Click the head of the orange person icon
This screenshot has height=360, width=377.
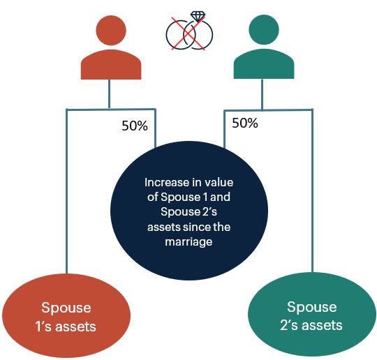[x=111, y=30]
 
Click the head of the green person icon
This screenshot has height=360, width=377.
[x=264, y=30]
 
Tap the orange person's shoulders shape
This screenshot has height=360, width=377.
[x=111, y=65]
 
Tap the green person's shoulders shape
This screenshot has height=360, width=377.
[x=264, y=64]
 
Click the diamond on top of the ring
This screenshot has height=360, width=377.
[x=198, y=17]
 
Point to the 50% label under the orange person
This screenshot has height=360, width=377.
[x=135, y=126]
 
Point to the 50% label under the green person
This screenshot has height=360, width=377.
[x=245, y=123]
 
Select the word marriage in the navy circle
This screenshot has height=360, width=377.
[x=188, y=241]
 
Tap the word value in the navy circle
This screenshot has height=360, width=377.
[x=219, y=182]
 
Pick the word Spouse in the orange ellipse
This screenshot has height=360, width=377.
[x=66, y=308]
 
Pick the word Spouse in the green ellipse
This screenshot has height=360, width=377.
[x=312, y=307]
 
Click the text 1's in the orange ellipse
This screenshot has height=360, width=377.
[x=43, y=327]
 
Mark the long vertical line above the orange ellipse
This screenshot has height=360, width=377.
[x=67, y=192]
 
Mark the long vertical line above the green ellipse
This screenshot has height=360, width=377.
[x=312, y=191]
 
